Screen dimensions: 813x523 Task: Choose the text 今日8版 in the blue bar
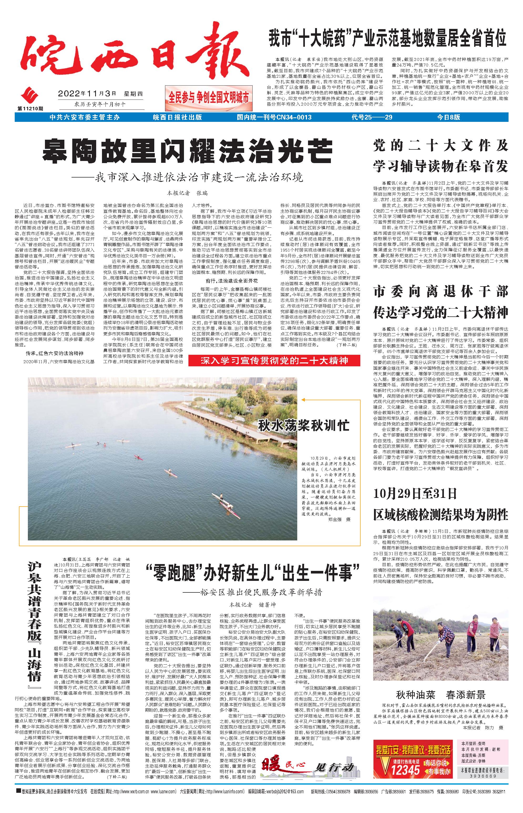448,117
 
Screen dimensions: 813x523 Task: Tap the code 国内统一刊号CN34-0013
274,117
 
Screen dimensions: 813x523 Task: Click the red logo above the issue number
30,96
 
